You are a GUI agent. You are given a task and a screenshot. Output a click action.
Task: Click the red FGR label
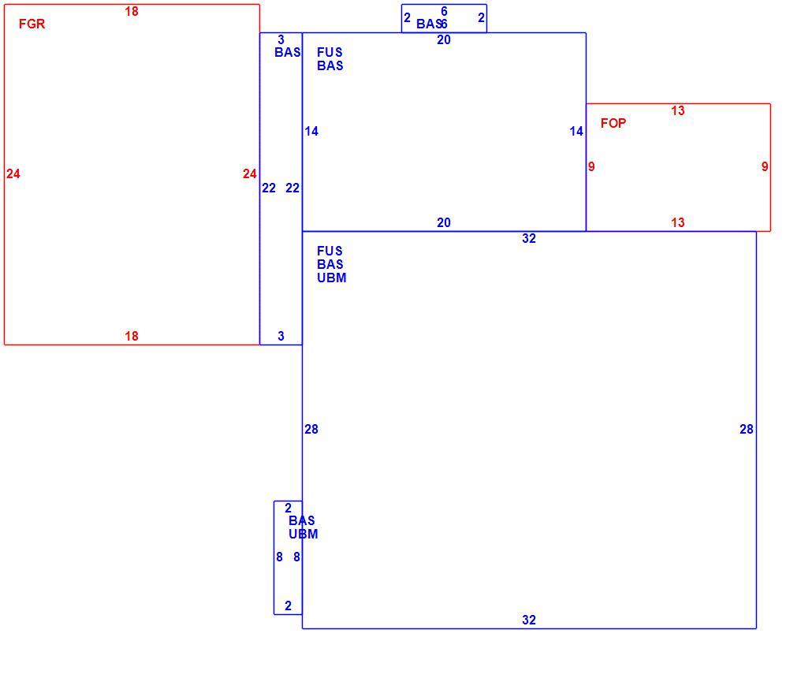32,24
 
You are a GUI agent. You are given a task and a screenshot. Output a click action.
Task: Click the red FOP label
613,123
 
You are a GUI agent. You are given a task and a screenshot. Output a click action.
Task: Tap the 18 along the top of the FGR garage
132,11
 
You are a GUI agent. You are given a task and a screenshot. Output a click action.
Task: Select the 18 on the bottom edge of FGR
132,336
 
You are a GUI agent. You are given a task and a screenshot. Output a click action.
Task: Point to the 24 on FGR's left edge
13,174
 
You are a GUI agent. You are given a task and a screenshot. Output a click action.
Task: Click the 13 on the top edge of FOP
678,111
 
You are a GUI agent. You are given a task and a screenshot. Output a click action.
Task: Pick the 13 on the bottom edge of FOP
678,222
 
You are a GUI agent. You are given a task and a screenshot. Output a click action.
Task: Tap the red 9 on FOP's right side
765,166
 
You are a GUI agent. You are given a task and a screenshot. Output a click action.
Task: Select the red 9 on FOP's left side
591,166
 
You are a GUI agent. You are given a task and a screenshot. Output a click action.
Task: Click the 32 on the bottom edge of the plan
529,620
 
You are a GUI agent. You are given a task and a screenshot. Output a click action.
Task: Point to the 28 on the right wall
747,429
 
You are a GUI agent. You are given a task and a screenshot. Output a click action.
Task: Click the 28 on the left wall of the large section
311,429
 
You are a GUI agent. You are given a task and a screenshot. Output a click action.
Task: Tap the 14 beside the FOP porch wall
576,132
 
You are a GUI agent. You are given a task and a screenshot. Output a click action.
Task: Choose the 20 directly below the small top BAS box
444,40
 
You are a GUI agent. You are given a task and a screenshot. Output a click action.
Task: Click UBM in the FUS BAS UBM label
332,278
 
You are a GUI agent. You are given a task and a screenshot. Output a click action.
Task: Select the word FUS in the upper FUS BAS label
330,52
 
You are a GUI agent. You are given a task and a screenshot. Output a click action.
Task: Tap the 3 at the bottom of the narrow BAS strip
281,336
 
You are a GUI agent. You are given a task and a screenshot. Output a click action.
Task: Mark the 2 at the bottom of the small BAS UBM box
288,606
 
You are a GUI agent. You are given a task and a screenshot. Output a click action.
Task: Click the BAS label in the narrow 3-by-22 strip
288,52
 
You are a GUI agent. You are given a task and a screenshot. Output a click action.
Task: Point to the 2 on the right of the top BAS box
481,17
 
